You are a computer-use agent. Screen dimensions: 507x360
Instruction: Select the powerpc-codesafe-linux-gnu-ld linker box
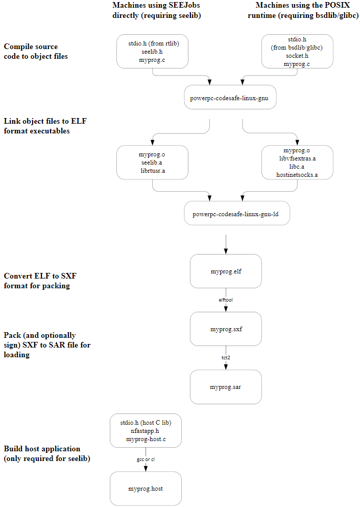(237, 214)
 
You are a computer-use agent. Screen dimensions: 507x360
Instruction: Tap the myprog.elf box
(226, 271)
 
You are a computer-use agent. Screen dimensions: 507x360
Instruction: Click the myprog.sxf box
(226, 329)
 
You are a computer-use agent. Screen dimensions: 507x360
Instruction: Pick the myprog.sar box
(226, 387)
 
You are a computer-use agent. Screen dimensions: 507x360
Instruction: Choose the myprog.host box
(146, 489)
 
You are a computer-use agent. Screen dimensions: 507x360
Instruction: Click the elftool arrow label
(226, 300)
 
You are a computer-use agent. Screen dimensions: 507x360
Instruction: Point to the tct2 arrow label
(226, 358)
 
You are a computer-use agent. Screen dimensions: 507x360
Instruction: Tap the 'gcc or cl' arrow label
(146, 459)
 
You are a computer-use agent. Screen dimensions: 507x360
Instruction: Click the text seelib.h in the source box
(152, 52)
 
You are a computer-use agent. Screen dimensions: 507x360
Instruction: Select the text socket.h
(297, 56)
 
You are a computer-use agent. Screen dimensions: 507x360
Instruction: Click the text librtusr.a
(152, 171)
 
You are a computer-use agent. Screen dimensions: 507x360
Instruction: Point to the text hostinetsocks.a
(297, 175)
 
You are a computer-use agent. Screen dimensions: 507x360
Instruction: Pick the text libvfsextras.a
(297, 158)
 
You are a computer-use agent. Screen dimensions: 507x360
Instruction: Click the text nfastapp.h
(146, 431)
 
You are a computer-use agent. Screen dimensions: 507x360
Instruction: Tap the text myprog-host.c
(146, 439)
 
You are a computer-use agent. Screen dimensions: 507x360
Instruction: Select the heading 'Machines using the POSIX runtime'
(307, 10)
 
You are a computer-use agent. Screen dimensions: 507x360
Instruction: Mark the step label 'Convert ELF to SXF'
(40, 281)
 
